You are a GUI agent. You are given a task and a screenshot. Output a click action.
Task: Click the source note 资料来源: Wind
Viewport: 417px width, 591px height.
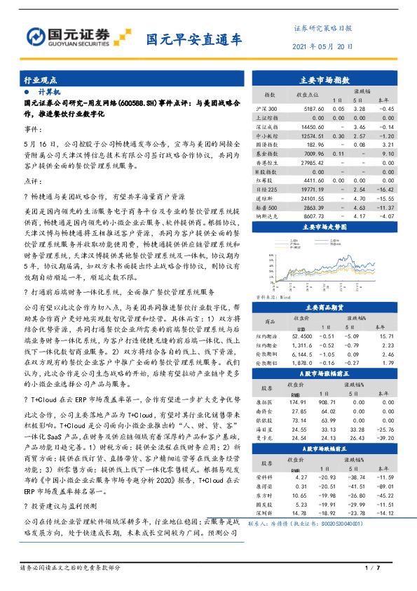click(x=274, y=298)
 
